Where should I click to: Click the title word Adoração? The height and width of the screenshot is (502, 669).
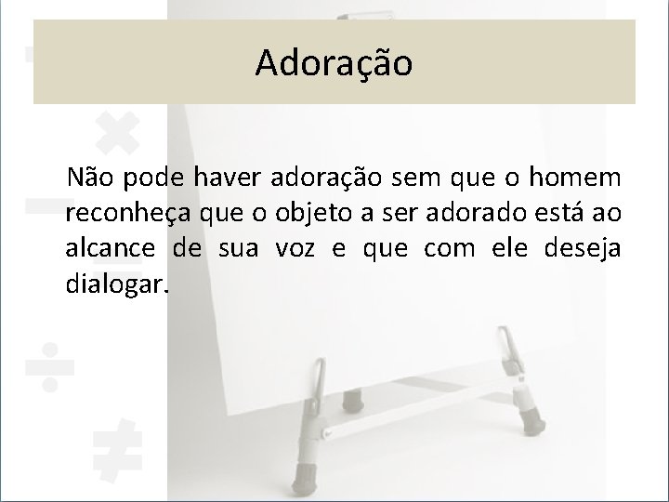pos(334,62)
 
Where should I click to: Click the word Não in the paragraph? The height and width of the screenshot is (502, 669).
pos(89,178)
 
